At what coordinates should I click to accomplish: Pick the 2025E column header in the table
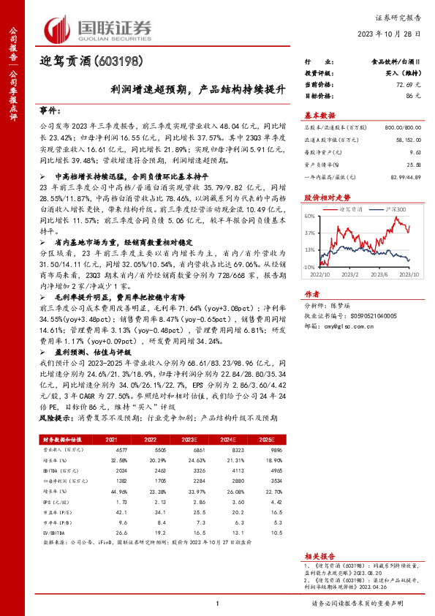tap(276, 438)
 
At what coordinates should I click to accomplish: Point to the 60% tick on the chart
tap(310, 216)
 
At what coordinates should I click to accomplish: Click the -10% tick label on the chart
tap(309, 267)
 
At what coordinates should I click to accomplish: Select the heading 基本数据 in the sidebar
tap(319, 115)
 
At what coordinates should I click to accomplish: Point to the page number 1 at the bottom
tap(218, 603)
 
